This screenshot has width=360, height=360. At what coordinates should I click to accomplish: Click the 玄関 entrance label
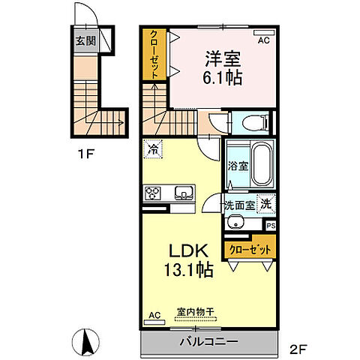pos(85,40)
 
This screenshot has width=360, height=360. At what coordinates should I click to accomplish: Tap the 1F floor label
pos(85,154)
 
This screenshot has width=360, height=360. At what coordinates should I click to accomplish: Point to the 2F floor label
pos(298,349)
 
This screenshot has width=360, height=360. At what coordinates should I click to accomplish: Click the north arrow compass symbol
pos(85,342)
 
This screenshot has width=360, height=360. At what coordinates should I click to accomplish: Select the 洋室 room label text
pos(223,59)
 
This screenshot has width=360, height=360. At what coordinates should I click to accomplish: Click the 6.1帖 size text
pos(223,78)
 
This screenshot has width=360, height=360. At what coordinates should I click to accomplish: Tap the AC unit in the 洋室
pos(264,32)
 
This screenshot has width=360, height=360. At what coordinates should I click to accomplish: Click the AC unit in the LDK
pos(154,322)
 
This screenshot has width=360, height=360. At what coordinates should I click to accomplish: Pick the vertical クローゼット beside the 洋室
pos(154,55)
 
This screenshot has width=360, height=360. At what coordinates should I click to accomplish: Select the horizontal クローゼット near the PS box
pos(250,250)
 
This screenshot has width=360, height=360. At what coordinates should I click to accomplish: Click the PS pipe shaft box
pos(271,226)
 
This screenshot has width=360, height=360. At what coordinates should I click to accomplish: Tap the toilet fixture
pos(256,123)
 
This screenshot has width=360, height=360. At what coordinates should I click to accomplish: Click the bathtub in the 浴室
pos(262,163)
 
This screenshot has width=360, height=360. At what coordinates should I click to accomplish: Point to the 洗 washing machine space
pos(266,204)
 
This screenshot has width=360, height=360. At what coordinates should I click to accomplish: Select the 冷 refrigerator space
pos(153,149)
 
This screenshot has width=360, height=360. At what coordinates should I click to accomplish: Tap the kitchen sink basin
pos(184,193)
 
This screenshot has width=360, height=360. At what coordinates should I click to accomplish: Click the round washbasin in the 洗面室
pos(235,222)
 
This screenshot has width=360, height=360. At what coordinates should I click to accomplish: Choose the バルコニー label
pos(208,341)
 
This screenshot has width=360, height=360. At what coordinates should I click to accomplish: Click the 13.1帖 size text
pos(189,269)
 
